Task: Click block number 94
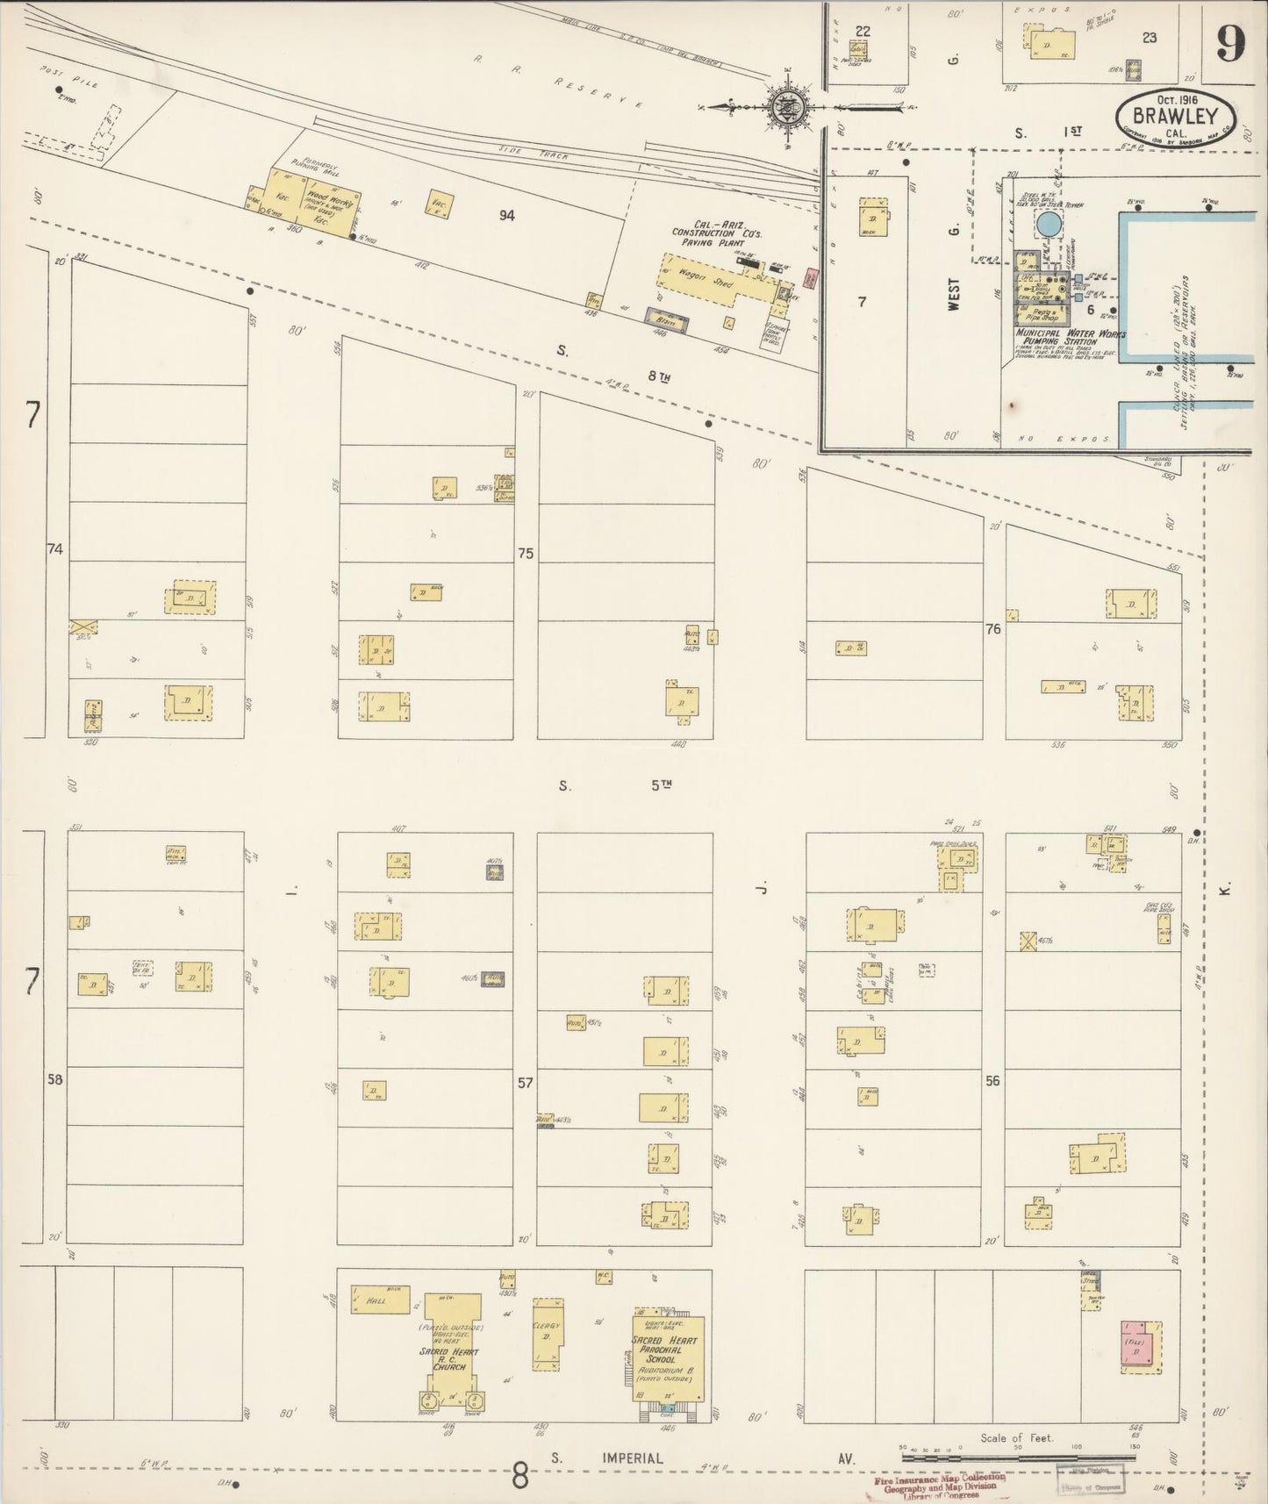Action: tap(506, 215)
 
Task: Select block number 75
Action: tap(525, 554)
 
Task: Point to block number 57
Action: tap(524, 1083)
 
